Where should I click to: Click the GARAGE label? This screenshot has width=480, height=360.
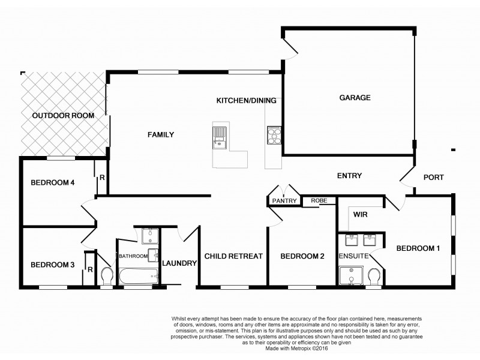355,98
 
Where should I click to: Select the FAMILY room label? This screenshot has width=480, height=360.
161,135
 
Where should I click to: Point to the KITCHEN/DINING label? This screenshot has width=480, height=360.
246,100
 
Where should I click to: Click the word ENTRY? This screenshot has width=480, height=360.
350,175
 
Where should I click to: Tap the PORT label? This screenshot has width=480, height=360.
434,177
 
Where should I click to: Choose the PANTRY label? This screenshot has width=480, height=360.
285,201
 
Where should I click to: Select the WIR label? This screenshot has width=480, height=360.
360,214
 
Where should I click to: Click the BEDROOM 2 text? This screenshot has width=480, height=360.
302,256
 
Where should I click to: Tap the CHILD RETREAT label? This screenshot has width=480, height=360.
233,256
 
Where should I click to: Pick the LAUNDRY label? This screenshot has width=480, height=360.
179,263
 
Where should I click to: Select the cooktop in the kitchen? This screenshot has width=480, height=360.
273,135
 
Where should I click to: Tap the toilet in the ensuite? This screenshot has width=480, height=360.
373,277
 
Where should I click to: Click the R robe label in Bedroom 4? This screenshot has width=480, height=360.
102,178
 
